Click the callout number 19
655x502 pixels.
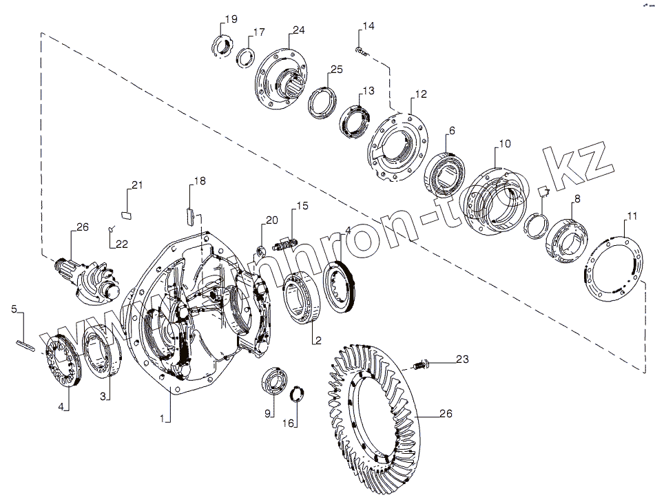pos(230,18)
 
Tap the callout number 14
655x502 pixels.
pos(368,26)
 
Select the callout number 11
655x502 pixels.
pos(632,221)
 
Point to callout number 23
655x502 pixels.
pos(461,359)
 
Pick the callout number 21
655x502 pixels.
pos(136,185)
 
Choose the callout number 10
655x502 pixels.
pos(505,144)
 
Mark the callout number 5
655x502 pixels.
pos(14,309)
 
